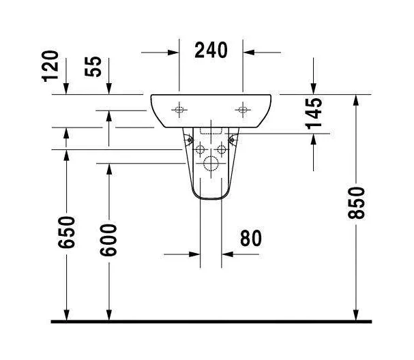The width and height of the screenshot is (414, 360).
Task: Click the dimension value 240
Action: point(210,50)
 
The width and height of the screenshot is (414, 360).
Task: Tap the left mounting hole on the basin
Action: point(179,109)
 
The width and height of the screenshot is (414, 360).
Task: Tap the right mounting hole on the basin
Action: point(243,109)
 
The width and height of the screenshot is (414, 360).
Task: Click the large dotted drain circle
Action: point(211,164)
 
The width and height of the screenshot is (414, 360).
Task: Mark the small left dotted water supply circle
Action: point(201,149)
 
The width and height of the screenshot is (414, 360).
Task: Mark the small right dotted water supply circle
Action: point(222,149)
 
